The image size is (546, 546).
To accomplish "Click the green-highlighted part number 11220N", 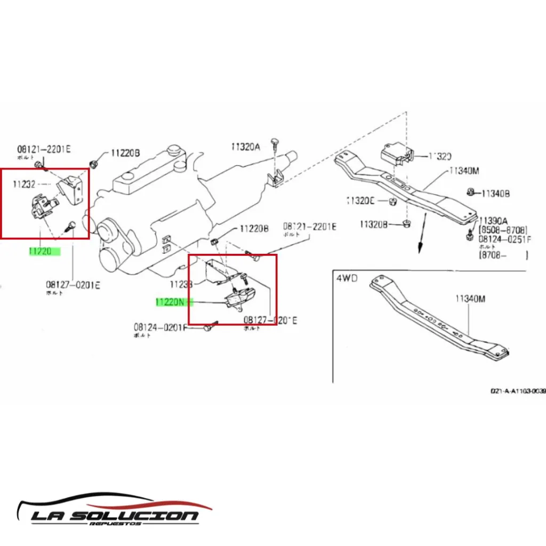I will click(x=170, y=302).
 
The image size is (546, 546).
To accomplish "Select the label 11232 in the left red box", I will click(x=24, y=184).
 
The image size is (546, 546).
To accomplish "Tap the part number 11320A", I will click(x=245, y=146).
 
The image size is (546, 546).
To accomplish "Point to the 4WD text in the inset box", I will click(x=346, y=278).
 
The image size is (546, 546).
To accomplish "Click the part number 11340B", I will click(x=495, y=194).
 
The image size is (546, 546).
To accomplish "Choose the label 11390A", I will click(x=493, y=221).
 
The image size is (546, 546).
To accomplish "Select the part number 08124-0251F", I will click(x=504, y=239).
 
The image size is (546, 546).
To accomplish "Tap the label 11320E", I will click(x=361, y=200).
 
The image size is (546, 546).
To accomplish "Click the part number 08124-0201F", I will click(x=160, y=327).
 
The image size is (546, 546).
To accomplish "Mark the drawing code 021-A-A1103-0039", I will click(x=518, y=391).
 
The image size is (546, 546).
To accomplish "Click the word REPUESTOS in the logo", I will click(x=116, y=524).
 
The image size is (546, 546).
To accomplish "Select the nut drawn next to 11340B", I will click(x=471, y=192).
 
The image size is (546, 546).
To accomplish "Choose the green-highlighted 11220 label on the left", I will click(x=41, y=251).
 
